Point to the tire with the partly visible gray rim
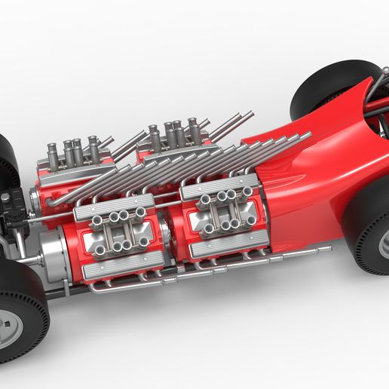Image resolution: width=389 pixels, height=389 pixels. [x=369, y=226]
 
